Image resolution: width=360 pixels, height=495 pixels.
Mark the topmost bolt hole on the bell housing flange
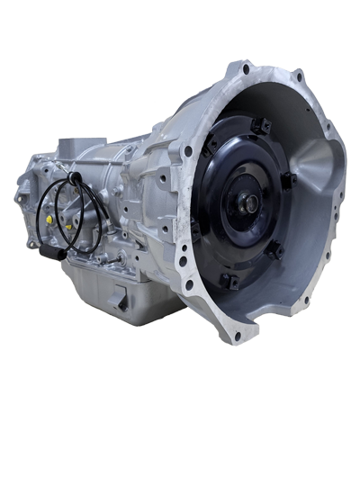[x=246, y=69]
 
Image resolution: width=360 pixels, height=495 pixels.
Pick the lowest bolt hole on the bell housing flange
[x=237, y=336]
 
